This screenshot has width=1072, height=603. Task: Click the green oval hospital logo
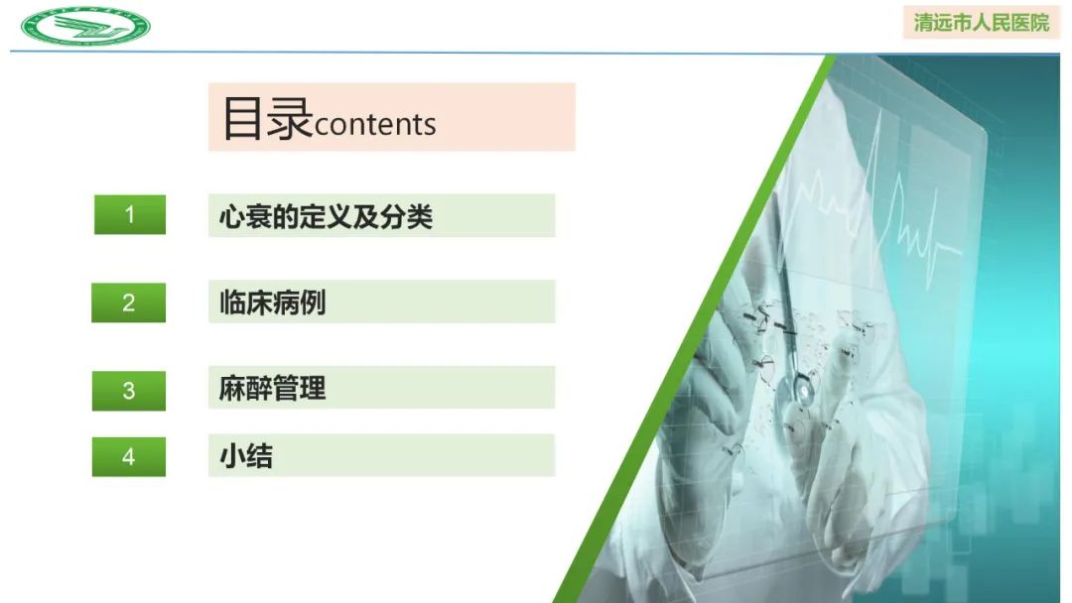(85, 25)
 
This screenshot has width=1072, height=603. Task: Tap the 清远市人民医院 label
(981, 22)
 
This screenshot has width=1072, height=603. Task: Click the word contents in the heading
(375, 125)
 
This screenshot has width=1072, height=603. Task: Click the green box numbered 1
(129, 214)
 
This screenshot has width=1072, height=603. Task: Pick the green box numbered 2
(129, 302)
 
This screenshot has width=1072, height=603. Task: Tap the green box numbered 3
(129, 390)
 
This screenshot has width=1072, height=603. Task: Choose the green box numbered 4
(129, 456)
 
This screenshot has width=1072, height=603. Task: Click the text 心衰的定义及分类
(326, 216)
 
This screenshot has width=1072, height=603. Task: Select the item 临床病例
(272, 302)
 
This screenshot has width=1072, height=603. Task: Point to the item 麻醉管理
(272, 389)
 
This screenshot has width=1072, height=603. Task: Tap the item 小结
(245, 456)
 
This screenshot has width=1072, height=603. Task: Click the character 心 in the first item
(231, 216)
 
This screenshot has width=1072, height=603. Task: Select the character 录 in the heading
(289, 118)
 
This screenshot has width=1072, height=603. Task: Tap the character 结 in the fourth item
(259, 456)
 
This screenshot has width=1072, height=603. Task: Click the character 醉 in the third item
(259, 389)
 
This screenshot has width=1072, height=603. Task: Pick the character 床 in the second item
(259, 302)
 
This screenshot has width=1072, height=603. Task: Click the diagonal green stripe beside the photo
(695, 327)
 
